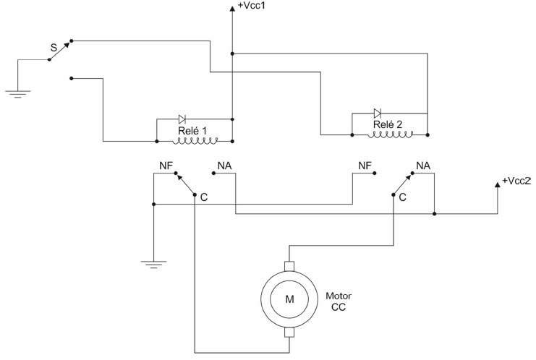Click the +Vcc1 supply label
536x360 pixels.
(x=252, y=6)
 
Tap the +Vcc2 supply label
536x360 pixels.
(x=516, y=181)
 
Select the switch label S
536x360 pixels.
(x=54, y=48)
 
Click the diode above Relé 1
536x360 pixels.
(x=182, y=119)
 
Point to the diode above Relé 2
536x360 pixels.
(x=378, y=113)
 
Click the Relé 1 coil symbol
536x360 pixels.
(x=195, y=141)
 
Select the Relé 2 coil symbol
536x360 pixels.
(x=390, y=134)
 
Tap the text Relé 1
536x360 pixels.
(x=192, y=131)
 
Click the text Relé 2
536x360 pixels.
(x=388, y=124)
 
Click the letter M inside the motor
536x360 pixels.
(x=289, y=299)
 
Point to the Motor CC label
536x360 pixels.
(x=339, y=301)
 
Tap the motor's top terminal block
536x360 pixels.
(x=289, y=266)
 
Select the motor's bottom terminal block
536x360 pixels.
(x=289, y=333)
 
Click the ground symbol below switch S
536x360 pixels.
(x=18, y=94)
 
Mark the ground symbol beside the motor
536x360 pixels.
(x=153, y=265)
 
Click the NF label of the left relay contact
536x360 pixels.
(x=166, y=166)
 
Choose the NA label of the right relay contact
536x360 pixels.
(x=423, y=166)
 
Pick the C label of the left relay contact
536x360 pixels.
(x=204, y=197)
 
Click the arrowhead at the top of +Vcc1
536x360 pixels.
(x=232, y=8)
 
